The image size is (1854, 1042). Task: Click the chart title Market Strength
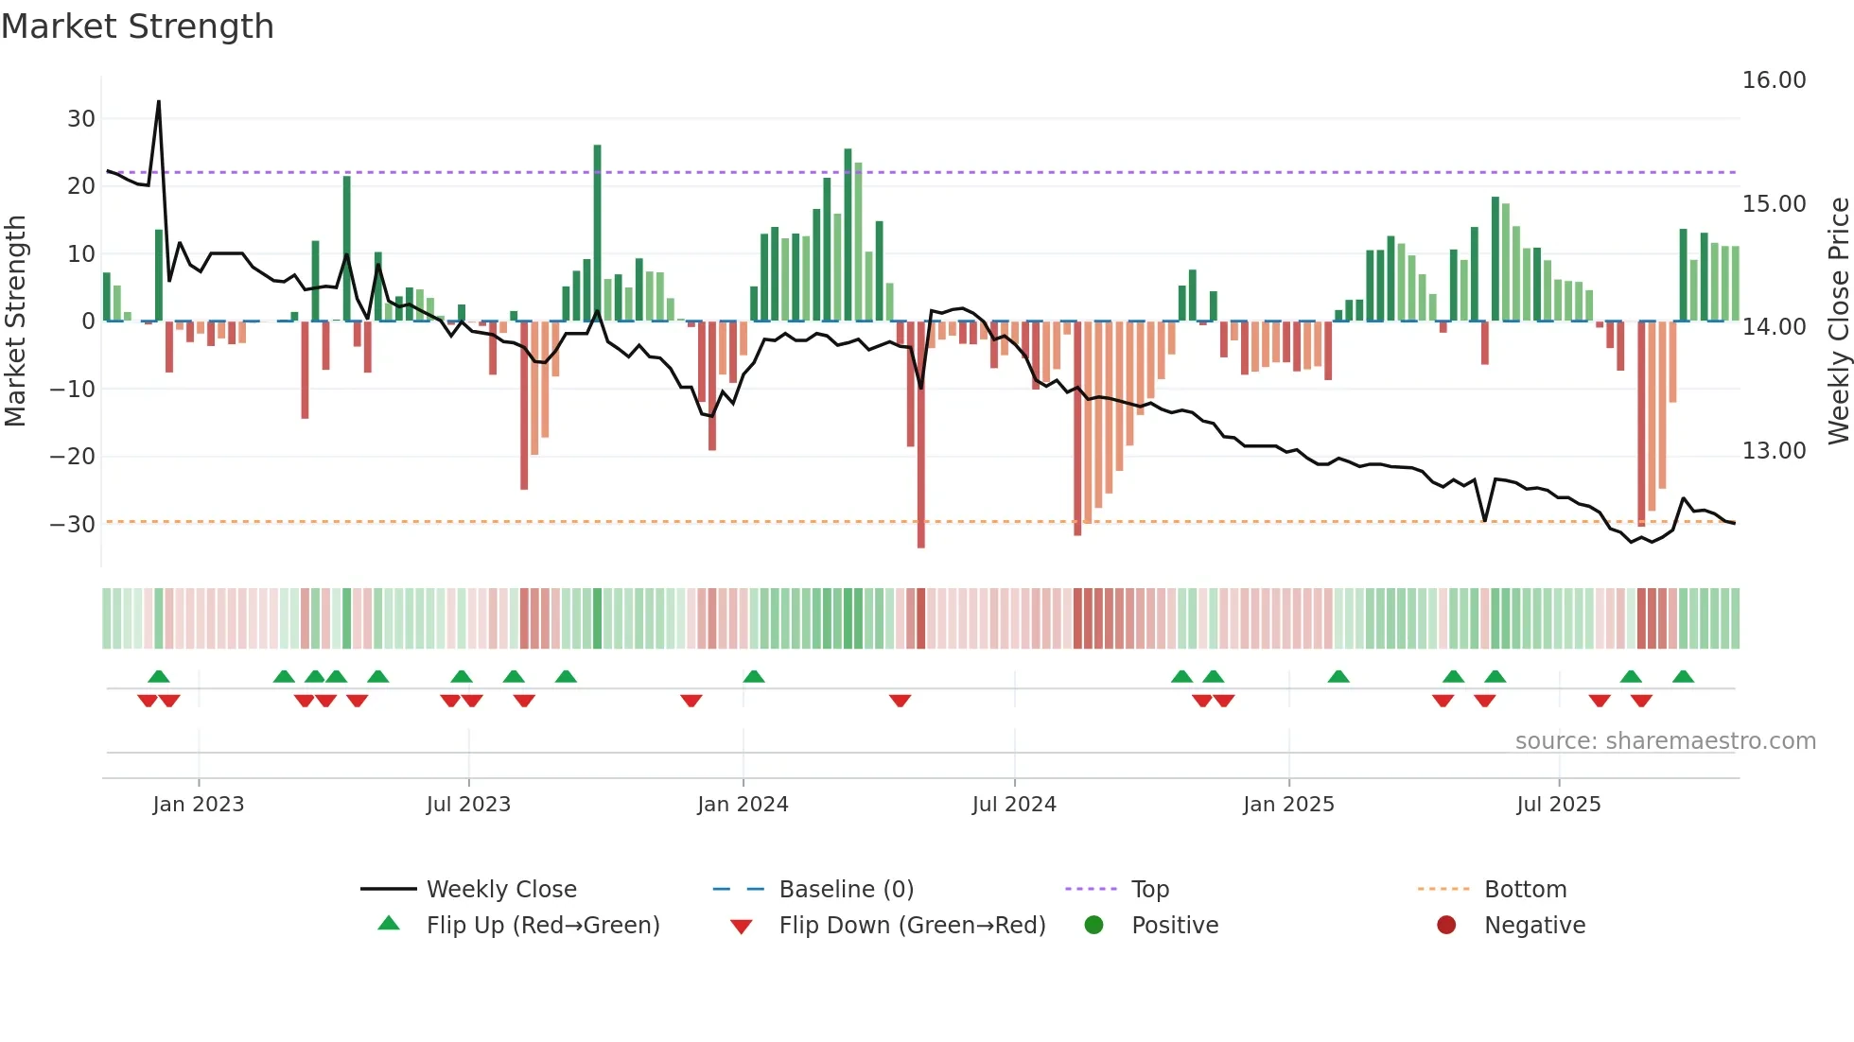pos(138,26)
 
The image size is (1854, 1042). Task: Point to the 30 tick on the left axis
pos(81,119)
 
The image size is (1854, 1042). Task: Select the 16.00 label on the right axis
pos(1774,80)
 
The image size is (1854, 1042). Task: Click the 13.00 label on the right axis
pos(1774,451)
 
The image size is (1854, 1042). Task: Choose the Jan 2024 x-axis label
pos(743,805)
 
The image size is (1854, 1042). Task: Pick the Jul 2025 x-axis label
pos(1558,805)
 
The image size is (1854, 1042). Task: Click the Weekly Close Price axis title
pos(1838,321)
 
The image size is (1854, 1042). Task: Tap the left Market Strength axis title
pos(15,321)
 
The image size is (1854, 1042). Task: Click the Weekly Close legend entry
pos(500,890)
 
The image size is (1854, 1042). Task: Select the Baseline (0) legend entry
pos(846,890)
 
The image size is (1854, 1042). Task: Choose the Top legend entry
pos(1149,890)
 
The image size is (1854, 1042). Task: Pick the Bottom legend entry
pos(1525,890)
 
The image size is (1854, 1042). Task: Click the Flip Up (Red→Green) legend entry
pos(542,926)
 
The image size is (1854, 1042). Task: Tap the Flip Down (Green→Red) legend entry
pos(912,926)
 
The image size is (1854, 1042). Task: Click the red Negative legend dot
pos(1446,926)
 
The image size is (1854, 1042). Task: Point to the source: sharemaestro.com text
pos(1665,741)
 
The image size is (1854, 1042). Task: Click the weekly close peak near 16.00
pos(159,102)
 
